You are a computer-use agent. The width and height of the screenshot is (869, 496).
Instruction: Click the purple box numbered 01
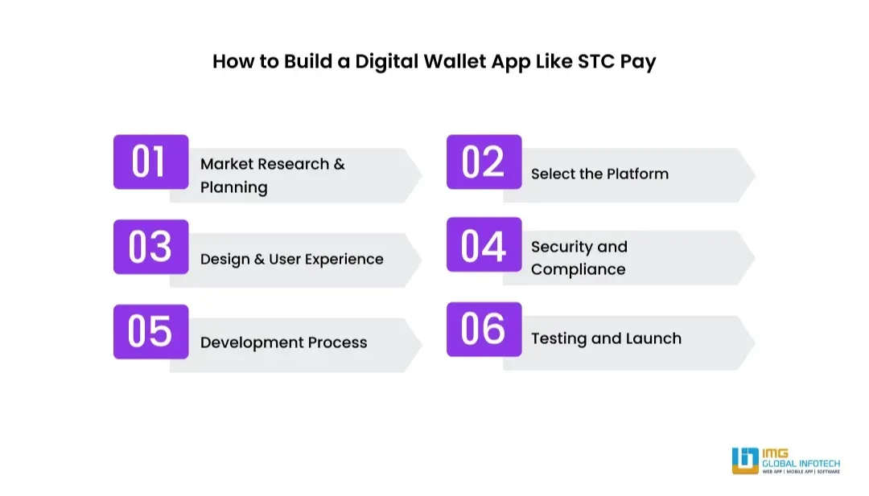coord(150,162)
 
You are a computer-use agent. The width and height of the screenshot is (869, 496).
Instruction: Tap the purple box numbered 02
coord(484,162)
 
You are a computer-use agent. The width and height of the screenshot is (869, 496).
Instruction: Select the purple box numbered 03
coord(150,247)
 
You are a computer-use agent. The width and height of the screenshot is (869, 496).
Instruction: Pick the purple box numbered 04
coord(484,245)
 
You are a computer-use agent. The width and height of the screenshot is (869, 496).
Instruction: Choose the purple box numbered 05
coord(150,331)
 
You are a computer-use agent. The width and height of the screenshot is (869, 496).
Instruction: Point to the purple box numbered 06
coord(484,329)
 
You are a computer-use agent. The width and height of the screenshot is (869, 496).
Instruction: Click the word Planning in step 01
coord(233,187)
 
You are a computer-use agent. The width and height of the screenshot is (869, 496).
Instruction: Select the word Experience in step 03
coord(344,259)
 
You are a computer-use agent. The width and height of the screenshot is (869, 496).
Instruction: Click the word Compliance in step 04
coord(578,269)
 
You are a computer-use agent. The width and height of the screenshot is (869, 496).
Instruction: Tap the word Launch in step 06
coord(653,338)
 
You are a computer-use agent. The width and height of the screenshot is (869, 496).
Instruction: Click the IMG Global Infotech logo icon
coord(744,461)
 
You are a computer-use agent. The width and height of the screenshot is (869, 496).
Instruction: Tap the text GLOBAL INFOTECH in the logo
coord(801,463)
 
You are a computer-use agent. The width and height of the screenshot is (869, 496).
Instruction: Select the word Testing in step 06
coord(558,338)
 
